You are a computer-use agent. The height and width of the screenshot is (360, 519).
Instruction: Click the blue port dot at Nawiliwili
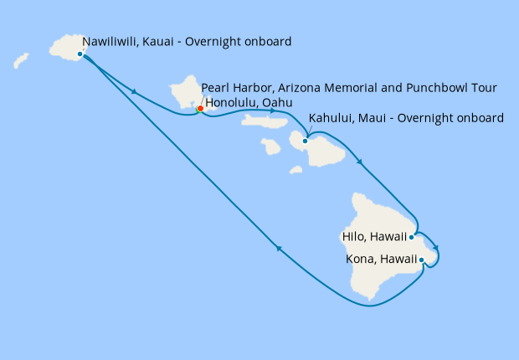pos(80,54)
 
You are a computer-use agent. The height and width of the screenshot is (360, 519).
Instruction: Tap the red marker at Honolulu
pos(200,108)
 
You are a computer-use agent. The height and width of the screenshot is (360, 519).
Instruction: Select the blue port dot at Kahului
pos(306,141)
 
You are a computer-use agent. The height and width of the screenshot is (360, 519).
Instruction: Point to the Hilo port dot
pos(412,237)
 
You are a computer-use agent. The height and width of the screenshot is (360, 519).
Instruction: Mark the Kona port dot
pos(421,260)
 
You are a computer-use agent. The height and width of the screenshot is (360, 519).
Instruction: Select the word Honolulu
pos(234,103)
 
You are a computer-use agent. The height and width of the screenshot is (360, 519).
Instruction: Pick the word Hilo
pos(355,237)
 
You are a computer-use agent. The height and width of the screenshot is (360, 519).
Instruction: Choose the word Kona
pos(360,260)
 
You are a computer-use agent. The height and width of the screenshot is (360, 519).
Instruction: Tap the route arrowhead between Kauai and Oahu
pos(134,90)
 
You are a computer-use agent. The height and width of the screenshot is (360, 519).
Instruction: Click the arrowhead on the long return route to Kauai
pos(280,248)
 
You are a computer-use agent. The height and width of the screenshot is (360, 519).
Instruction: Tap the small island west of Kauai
pos(21,61)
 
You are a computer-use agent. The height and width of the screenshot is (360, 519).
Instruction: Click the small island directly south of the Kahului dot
pos(295,170)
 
